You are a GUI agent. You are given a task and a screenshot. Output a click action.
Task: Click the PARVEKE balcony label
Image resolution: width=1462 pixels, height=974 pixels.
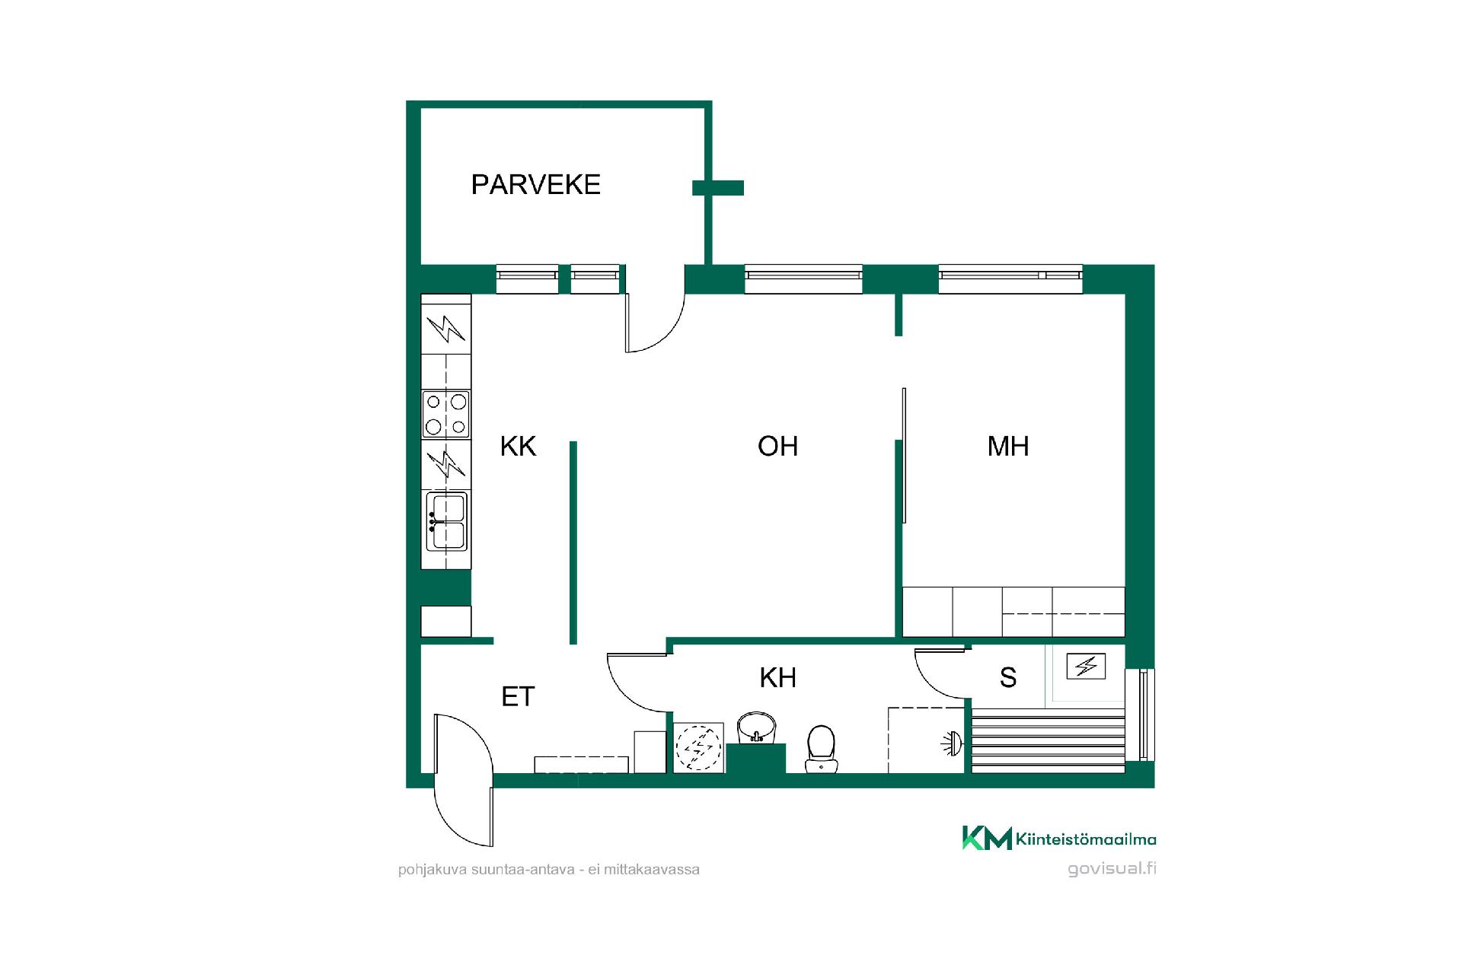(536, 185)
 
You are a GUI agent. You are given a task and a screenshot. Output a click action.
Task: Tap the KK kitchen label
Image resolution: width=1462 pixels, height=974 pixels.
(519, 446)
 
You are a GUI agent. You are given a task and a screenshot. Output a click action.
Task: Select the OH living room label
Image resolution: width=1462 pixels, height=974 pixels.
(777, 446)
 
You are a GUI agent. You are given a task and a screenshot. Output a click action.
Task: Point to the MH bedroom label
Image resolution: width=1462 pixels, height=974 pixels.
(1008, 446)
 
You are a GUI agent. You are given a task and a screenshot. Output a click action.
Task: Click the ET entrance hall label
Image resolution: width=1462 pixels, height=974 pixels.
(519, 696)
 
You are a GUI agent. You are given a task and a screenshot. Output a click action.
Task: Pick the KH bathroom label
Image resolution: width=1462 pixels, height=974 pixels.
(778, 677)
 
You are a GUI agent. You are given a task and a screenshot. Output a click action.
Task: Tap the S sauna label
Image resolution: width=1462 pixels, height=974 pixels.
(1008, 677)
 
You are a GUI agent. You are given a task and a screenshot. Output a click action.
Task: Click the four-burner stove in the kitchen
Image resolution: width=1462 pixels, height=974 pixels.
(446, 414)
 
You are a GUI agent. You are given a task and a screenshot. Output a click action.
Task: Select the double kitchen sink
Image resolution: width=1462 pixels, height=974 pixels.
(446, 521)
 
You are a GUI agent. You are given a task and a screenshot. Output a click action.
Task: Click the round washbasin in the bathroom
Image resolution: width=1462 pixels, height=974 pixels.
(756, 728)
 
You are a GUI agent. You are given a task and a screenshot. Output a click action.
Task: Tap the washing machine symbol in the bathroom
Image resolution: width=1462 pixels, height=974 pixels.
(698, 748)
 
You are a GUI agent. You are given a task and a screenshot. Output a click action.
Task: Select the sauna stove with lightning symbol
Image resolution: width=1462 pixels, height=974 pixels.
(1086, 667)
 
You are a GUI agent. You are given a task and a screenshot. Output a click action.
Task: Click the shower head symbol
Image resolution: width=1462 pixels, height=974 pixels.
(951, 743)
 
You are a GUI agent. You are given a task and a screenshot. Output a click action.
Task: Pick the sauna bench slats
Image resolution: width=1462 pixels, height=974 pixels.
(1049, 740)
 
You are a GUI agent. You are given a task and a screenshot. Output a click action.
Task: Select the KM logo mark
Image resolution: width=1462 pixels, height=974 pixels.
(987, 838)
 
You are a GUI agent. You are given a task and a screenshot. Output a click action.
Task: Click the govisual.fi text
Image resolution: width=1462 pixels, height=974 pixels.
(1112, 869)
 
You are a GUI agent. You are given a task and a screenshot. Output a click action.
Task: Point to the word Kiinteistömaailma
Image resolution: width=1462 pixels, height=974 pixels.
(1086, 839)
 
